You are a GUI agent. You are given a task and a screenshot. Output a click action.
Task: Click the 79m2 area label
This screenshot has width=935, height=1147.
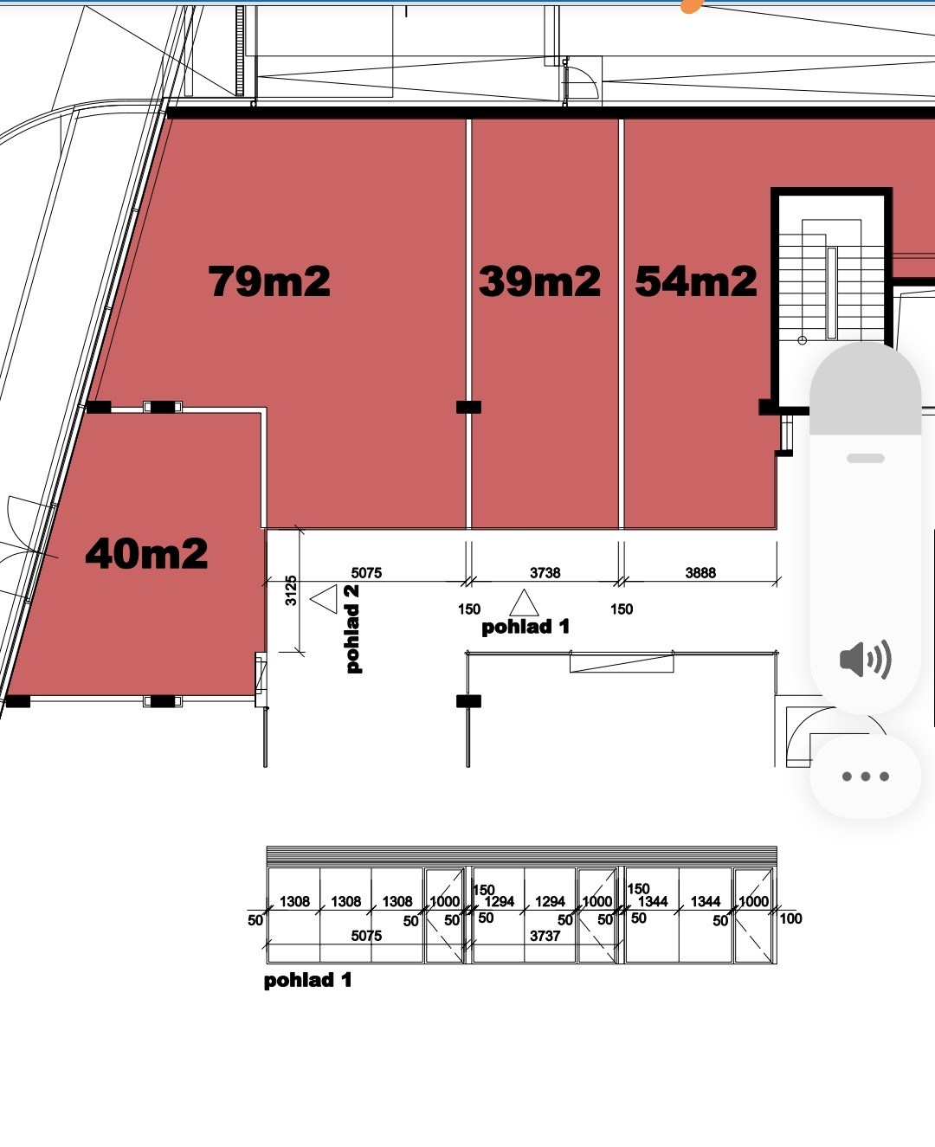tap(268, 281)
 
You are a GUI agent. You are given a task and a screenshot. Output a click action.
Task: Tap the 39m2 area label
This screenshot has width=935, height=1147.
tap(539, 281)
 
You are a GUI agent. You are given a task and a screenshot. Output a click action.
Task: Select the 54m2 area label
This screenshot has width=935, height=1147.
tap(696, 281)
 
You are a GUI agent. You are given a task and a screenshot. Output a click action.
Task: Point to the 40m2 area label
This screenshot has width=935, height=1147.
tap(146, 553)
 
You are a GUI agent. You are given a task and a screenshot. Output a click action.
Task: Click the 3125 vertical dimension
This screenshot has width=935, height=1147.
tap(291, 590)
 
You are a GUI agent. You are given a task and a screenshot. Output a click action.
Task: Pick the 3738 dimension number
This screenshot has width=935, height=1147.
tap(545, 572)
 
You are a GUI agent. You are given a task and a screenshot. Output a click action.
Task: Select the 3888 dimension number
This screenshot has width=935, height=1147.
tap(700, 572)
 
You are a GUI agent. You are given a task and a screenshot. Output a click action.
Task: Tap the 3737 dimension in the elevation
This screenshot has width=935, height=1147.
tap(545, 936)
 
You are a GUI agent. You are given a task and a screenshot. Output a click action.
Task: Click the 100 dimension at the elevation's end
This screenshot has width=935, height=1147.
tap(790, 918)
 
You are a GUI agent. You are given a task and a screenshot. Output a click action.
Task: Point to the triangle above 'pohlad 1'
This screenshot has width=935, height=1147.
tap(524, 603)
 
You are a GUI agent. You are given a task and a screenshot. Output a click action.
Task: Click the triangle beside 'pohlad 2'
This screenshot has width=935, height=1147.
tap(325, 599)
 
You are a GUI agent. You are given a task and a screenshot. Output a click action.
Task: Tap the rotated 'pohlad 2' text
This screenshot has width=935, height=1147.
tap(351, 629)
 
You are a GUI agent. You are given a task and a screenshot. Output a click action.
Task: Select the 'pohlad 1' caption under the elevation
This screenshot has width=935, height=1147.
tap(307, 980)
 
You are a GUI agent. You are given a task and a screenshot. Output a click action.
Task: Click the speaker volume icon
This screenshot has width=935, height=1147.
tap(865, 659)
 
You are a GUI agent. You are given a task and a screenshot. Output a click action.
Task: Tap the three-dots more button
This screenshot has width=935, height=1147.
tap(865, 776)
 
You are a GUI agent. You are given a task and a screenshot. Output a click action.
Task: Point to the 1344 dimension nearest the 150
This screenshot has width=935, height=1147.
tap(653, 901)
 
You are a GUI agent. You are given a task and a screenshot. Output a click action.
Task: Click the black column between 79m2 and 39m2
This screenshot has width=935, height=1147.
tap(468, 407)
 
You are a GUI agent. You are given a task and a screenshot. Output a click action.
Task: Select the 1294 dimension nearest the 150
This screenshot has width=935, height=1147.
tap(500, 901)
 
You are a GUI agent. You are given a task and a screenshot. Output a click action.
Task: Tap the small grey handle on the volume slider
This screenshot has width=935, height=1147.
tap(866, 458)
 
